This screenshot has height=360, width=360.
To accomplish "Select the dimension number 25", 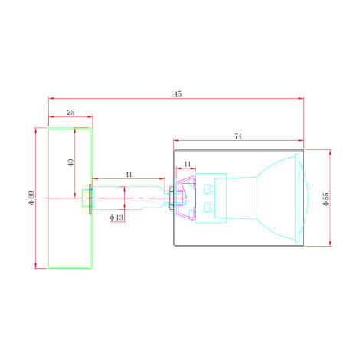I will (70, 113).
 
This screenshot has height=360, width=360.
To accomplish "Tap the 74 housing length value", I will (238, 136).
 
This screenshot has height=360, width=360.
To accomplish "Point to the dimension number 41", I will (129, 175).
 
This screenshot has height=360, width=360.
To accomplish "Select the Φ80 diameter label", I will (31, 198).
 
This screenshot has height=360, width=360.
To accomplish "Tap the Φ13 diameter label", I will (116, 218).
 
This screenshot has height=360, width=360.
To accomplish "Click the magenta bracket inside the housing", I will (186, 198).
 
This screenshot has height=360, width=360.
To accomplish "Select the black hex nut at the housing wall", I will (171, 198).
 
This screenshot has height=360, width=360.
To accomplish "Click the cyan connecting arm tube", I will (129, 198).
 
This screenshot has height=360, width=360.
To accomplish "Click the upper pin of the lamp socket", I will (209, 188).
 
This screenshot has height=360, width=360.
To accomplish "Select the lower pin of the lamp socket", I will (209, 208).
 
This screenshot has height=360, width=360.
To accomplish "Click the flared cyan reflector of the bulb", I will (276, 198).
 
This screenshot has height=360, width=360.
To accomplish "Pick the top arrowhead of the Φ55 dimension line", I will (330, 152).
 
